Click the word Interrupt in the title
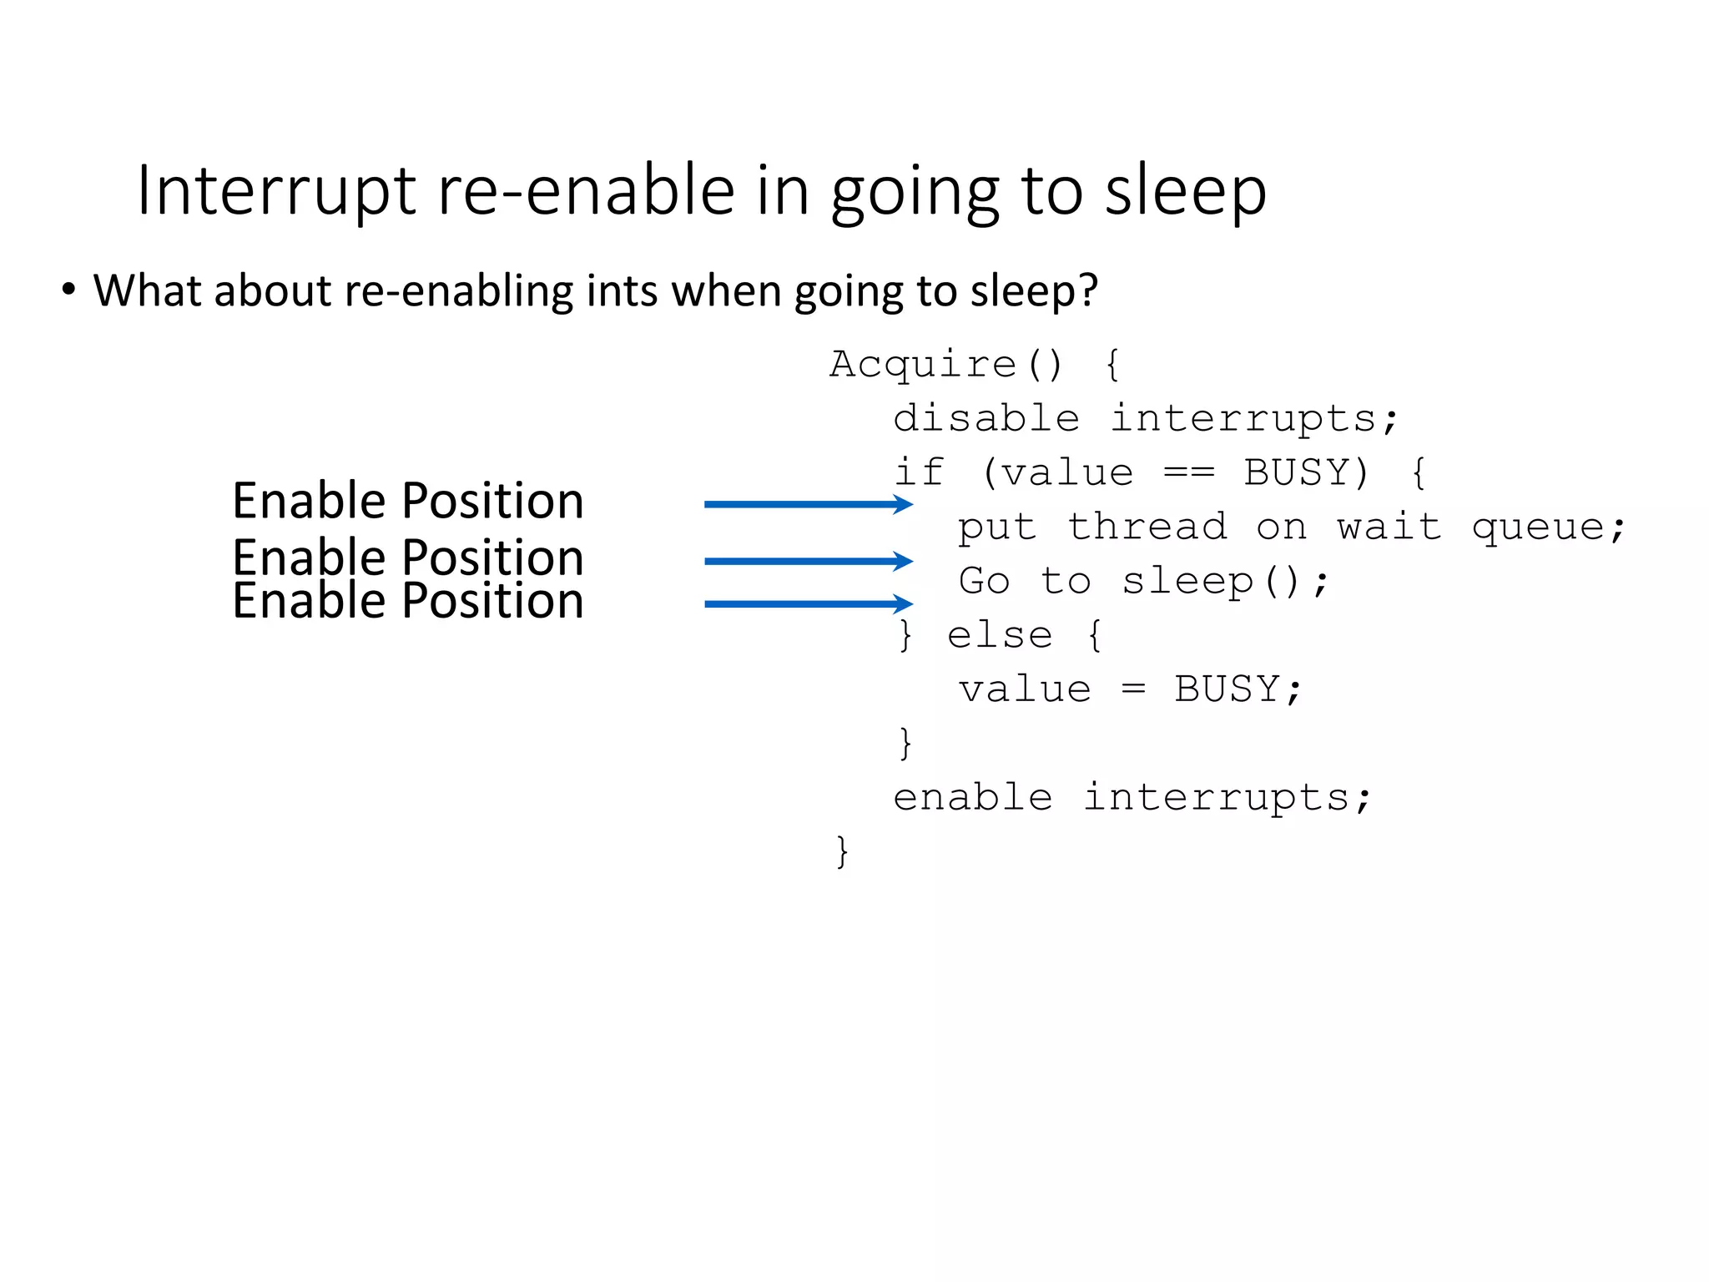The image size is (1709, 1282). pos(276,193)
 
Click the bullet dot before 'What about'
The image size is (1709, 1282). pos(68,290)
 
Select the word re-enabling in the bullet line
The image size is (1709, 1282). pos(457,291)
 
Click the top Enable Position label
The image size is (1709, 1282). pos(407,501)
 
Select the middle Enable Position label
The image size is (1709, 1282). pos(407,558)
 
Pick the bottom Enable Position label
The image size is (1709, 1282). pos(407,601)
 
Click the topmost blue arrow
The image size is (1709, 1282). pos(808,504)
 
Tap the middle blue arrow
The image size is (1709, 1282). pos(808,561)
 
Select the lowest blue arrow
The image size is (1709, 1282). pos(808,603)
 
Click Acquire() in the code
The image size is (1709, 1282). pos(946,365)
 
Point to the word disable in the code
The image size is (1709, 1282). pos(986,418)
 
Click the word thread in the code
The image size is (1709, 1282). pos(1147,527)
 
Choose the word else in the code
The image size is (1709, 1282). pos(999,636)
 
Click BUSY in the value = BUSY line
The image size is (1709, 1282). pos(1227,690)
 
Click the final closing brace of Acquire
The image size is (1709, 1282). pos(842,852)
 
